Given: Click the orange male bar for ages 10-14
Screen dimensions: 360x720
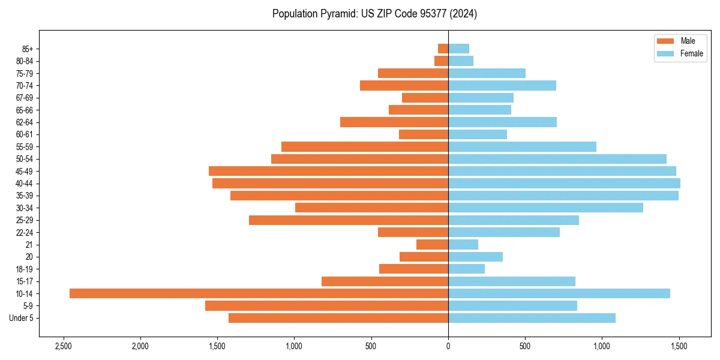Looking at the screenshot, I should pos(259,293).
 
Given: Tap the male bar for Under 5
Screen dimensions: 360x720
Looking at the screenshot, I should pos(338,318).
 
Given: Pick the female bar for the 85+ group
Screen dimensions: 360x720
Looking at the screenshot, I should pos(458,49).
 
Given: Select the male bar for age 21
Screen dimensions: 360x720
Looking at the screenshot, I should pos(432,245).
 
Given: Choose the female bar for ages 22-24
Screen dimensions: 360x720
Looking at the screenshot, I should pos(504,232).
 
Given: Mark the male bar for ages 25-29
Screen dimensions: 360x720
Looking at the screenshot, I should pos(349,220).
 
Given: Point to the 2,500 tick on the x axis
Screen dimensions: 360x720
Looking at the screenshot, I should pos(63,346).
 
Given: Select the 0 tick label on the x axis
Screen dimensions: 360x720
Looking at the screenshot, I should pos(448,346).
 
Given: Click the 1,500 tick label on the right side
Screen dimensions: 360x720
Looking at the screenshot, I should pos(679,346).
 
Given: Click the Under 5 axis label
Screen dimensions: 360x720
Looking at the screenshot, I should pos(21,318).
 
